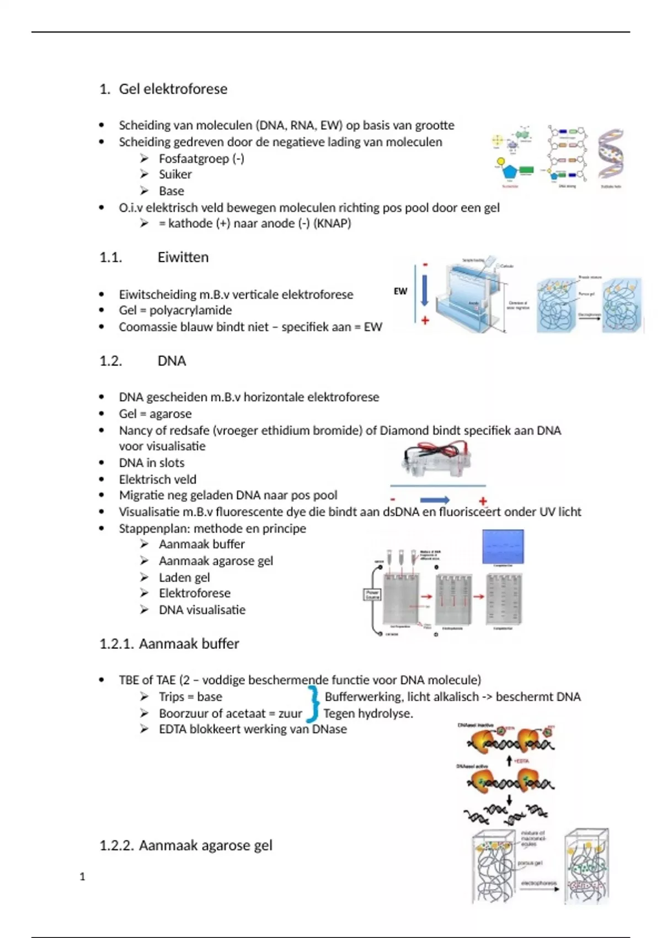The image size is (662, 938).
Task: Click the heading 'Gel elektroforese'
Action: (x=173, y=89)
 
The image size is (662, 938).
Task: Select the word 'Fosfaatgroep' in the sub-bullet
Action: (x=194, y=159)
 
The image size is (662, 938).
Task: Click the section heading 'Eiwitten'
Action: (x=183, y=257)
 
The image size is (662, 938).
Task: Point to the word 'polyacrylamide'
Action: (x=190, y=310)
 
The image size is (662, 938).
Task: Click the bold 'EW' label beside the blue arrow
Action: (x=401, y=291)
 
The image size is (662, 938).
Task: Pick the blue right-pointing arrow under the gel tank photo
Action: (x=435, y=500)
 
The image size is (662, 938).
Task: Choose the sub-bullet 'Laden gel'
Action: (x=184, y=578)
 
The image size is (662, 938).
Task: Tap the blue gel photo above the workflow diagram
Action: (x=503, y=546)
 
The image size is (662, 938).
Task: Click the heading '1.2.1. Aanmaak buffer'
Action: (x=169, y=644)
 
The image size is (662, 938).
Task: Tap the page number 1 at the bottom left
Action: (x=82, y=877)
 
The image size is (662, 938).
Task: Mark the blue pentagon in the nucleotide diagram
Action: (x=509, y=172)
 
